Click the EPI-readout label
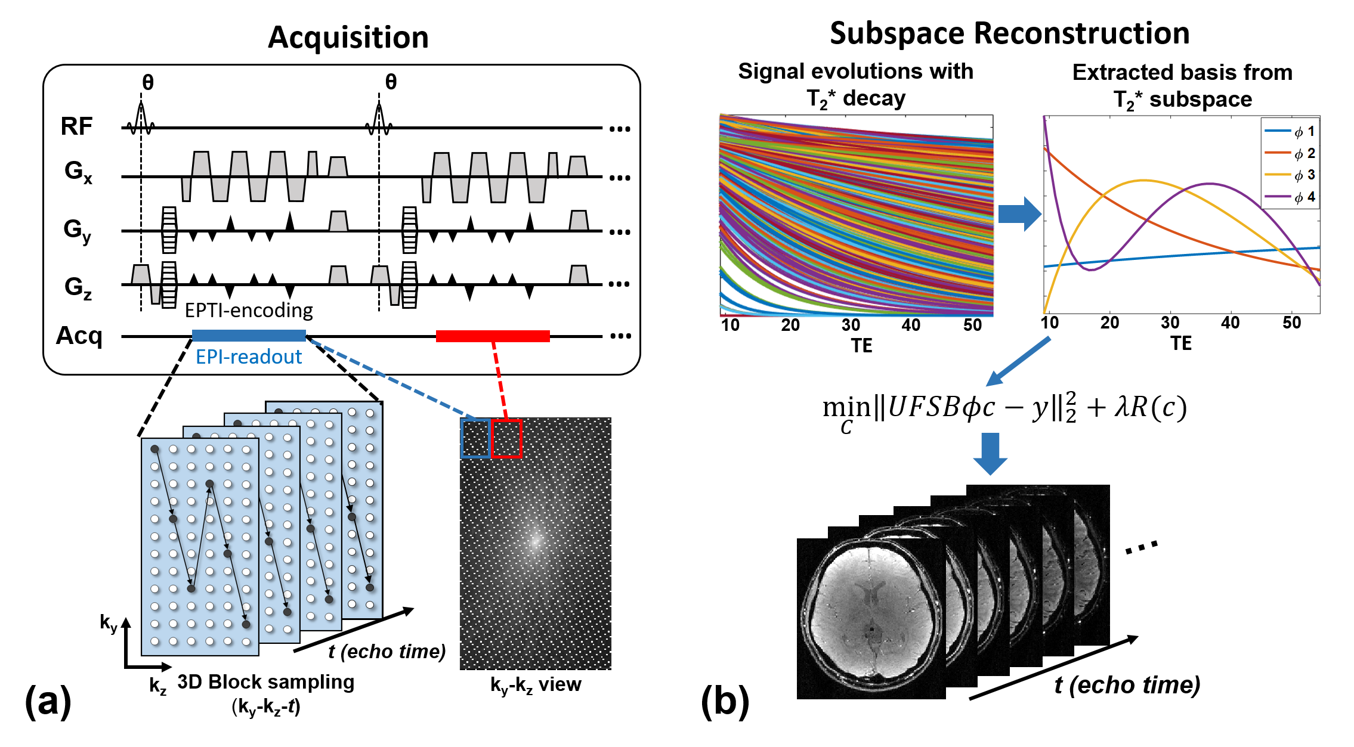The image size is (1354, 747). pos(249,357)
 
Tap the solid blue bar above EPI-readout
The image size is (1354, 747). pos(249,336)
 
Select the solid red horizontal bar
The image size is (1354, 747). pos(493,336)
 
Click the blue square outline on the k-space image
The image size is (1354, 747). pos(475,438)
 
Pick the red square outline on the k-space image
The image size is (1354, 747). pos(506,438)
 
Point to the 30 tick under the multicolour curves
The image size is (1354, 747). pos(851,323)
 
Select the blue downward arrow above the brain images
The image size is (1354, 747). pos(990,454)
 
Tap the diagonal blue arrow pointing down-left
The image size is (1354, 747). pos(1018,362)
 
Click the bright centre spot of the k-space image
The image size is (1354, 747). pos(535,541)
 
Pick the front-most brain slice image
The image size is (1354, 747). pos(871,614)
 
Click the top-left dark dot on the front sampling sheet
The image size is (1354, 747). pos(155,448)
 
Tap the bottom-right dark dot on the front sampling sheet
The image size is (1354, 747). pos(246,624)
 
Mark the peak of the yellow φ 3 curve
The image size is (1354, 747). pos(1143,180)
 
